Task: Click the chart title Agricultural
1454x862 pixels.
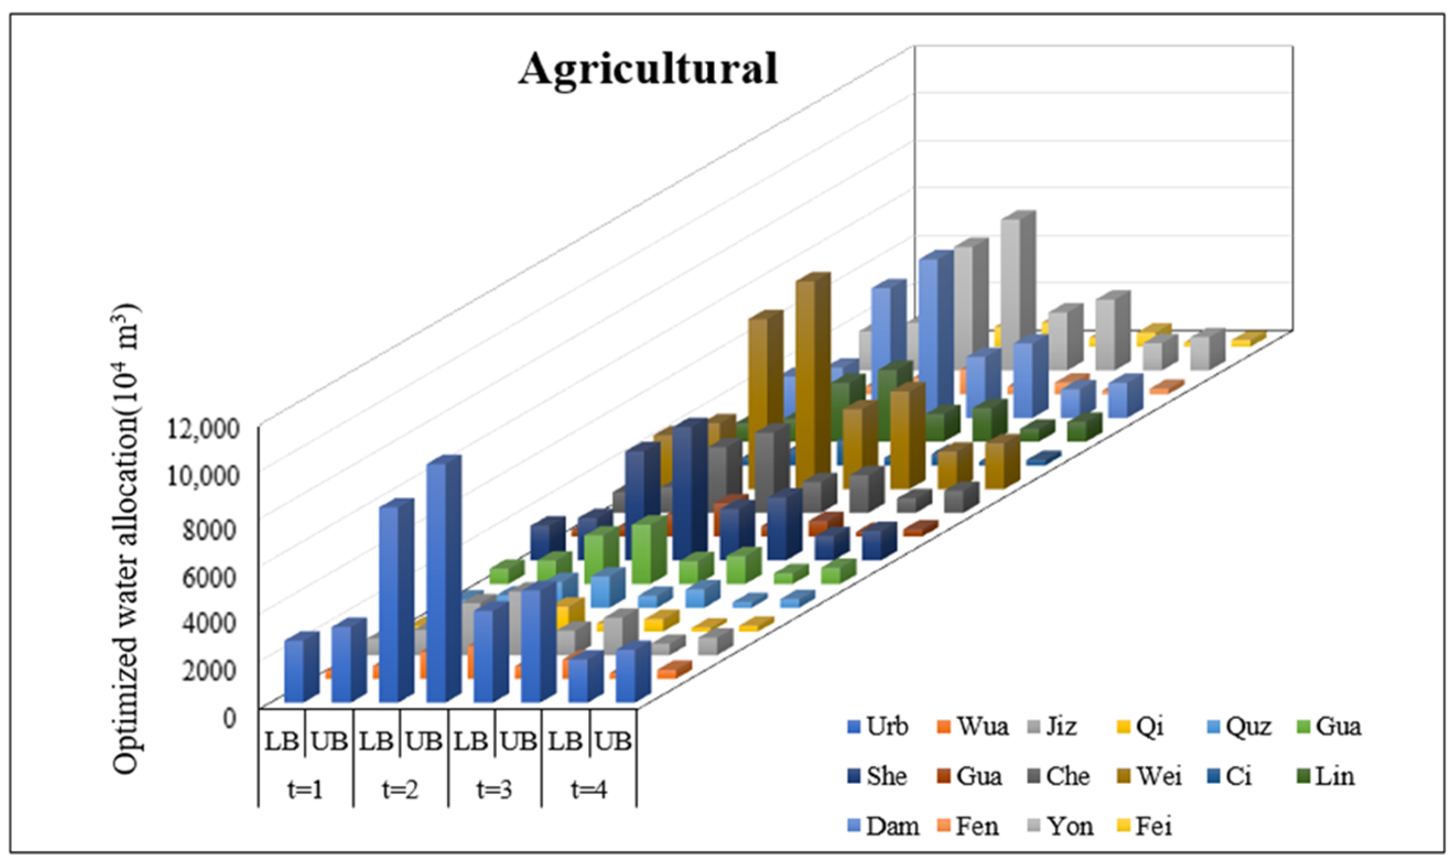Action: coord(648,69)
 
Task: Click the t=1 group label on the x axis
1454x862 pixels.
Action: coord(306,790)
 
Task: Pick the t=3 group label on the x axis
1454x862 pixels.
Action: coord(494,790)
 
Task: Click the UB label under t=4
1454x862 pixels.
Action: coord(614,742)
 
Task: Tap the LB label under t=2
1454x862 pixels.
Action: coord(377,742)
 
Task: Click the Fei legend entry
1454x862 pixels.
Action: coord(1145,825)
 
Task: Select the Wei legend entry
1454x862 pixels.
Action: coord(1151,776)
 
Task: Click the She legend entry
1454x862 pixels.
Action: coord(877,776)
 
